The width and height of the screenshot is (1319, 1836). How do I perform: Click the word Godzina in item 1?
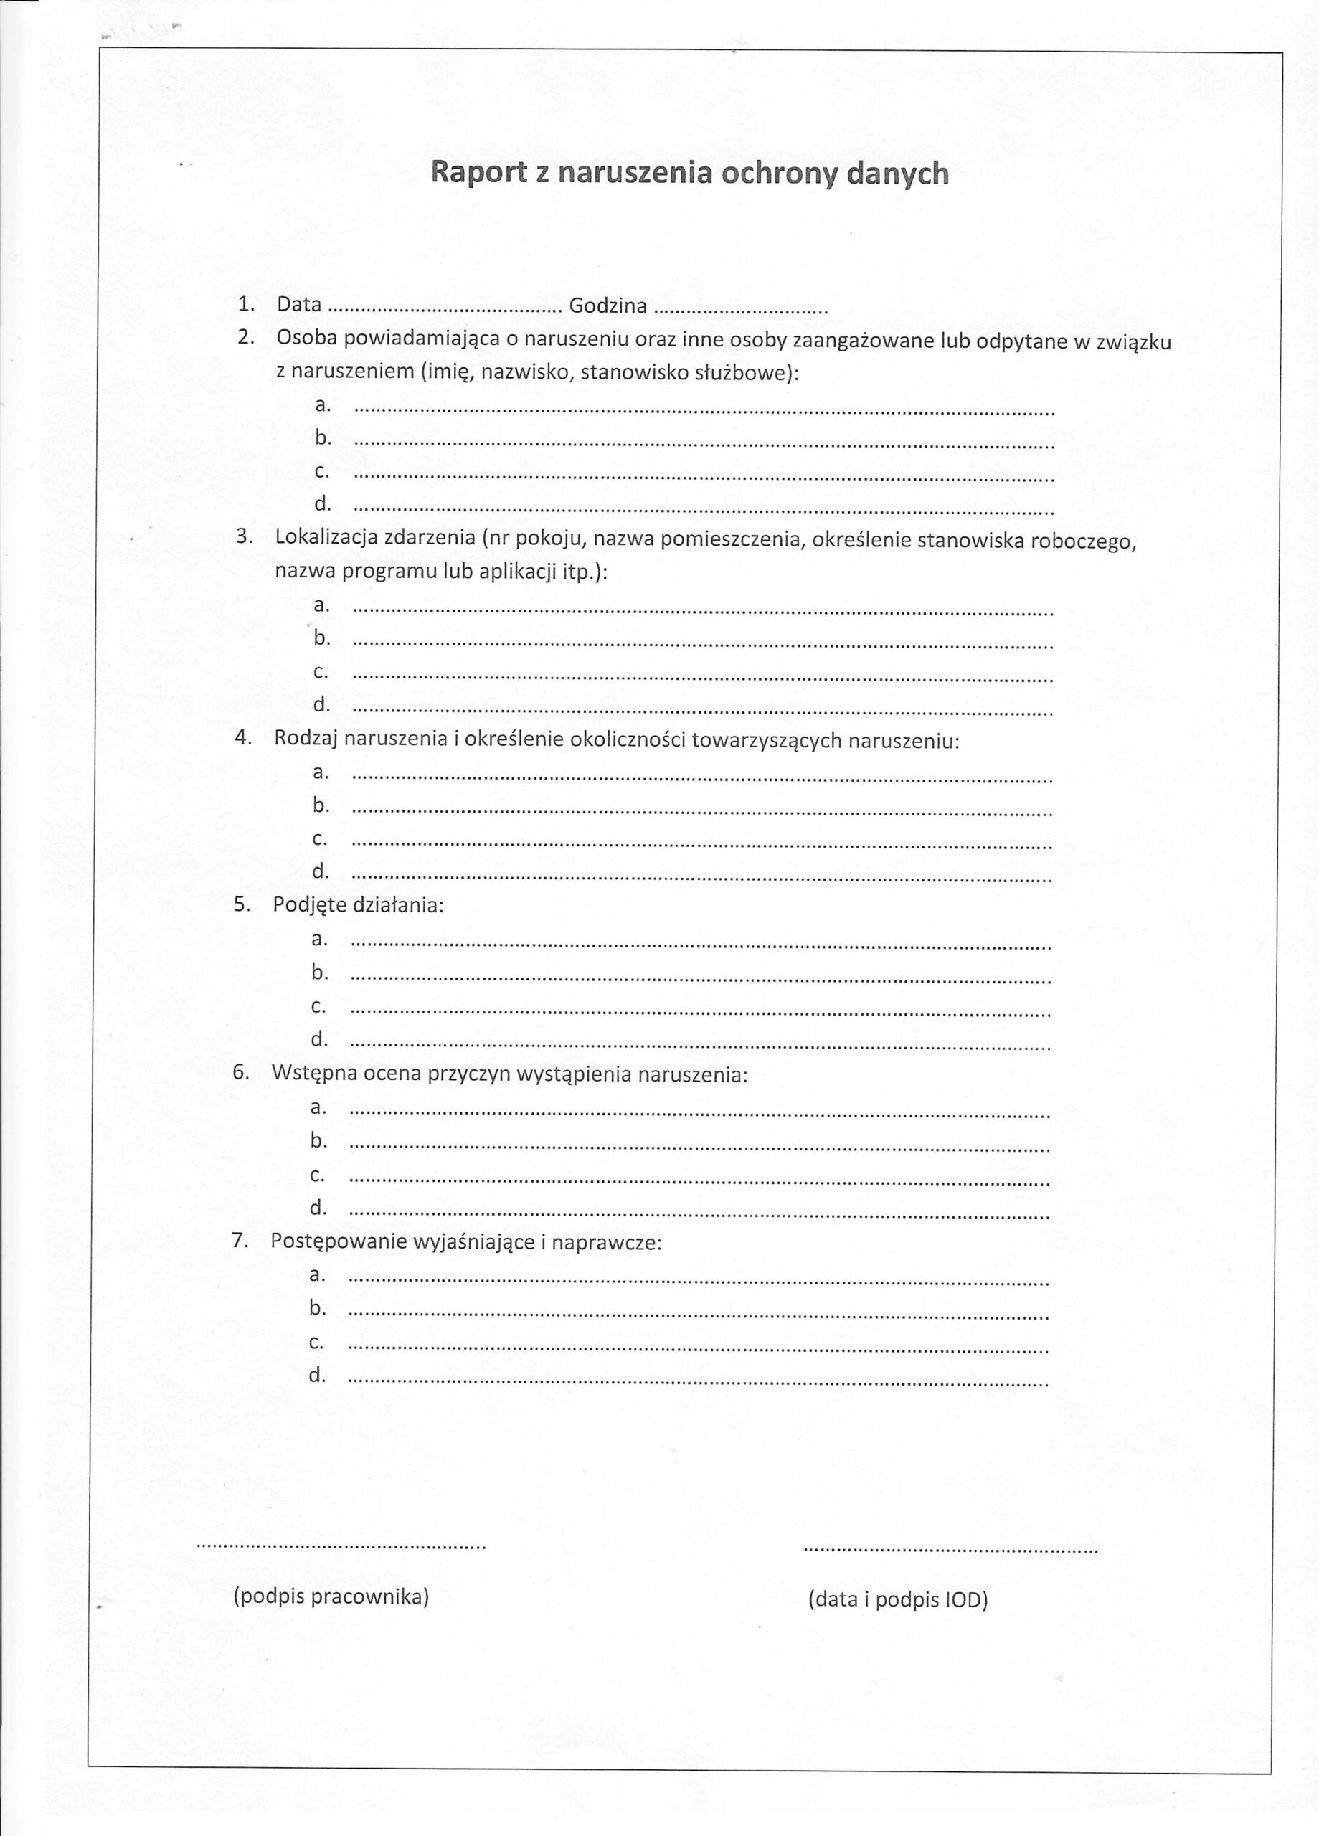[x=608, y=306]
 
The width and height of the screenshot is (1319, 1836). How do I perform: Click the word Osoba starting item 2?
[x=306, y=339]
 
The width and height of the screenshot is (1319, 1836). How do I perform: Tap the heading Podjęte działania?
[x=358, y=904]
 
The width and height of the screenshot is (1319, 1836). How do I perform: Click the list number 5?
[x=240, y=904]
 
